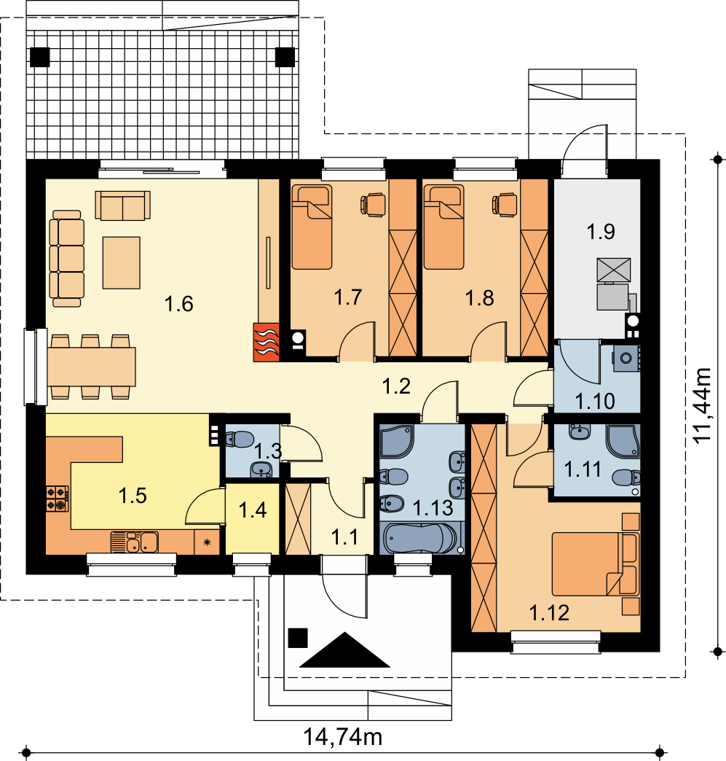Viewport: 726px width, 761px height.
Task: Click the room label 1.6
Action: pos(179,304)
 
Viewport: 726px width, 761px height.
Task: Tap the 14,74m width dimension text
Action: pos(342,737)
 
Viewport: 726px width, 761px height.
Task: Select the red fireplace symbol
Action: pos(267,342)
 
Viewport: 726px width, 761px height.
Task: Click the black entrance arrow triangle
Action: pos(345,650)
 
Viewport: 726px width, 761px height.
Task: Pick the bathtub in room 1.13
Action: pos(419,538)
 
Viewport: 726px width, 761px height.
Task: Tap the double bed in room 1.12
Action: pos(595,564)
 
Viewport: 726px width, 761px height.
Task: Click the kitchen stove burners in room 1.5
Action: pos(58,499)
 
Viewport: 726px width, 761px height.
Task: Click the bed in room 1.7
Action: pos(312,227)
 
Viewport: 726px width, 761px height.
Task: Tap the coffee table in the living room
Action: pos(121,262)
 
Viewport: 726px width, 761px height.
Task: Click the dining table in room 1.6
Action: pos(91,367)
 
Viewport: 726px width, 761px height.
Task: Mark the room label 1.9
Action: pos(601,232)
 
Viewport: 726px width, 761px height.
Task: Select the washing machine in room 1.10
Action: pos(626,358)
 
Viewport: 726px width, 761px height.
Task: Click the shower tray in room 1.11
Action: pos(623,442)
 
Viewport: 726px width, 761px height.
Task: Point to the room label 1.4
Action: pos(253,510)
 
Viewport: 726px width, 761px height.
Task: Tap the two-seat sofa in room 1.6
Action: pos(122,206)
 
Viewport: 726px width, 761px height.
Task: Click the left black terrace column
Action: pos(40,58)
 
